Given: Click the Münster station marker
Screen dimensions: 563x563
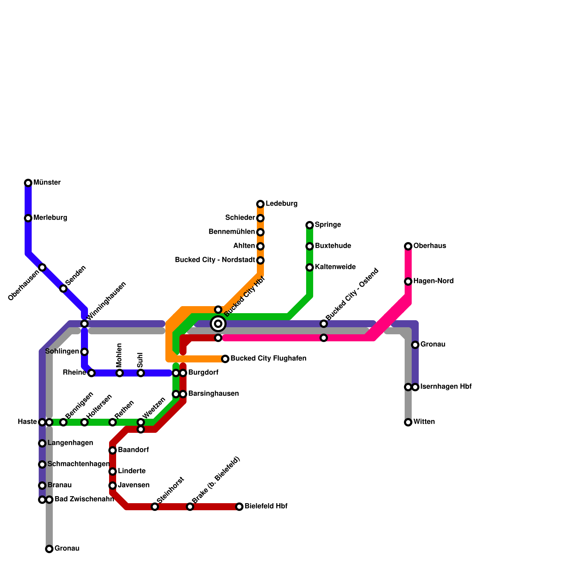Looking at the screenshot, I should click(x=28, y=183).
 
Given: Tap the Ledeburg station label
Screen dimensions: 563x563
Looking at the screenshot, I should click(x=281, y=204).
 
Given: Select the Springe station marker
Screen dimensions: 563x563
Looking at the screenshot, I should click(x=310, y=225).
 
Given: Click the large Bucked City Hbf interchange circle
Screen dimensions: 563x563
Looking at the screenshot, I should click(x=218, y=324).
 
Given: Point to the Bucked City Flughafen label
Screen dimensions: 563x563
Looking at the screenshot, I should click(x=268, y=359).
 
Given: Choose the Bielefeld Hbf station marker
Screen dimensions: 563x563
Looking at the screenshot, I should click(x=239, y=507).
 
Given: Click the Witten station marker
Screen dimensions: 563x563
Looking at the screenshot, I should click(x=408, y=422).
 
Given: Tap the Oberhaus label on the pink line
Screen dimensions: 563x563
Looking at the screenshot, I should click(x=430, y=246).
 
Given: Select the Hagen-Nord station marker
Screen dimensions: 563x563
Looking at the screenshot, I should click(x=408, y=281).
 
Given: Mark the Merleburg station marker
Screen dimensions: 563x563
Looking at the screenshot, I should click(x=28, y=218).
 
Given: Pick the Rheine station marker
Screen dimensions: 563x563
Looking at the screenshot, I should click(x=91, y=373).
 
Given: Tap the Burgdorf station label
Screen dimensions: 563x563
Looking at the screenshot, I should click(x=203, y=373).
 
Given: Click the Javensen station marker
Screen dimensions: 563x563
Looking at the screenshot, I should click(x=113, y=486).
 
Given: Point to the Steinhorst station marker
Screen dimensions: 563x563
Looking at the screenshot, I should click(x=155, y=507).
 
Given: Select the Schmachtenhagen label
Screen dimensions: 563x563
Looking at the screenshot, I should click(x=78, y=464).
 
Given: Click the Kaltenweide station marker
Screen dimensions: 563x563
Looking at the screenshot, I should click(x=310, y=267).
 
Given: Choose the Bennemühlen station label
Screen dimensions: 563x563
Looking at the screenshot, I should click(x=232, y=232).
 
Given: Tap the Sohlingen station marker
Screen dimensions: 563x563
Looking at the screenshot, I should click(x=84, y=352).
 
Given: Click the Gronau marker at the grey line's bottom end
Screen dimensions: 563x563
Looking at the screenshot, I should click(x=49, y=549).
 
